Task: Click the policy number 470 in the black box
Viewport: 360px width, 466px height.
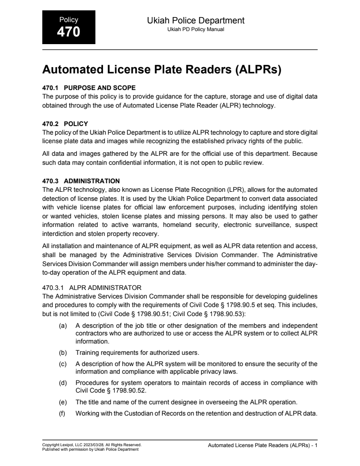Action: [x=68, y=32]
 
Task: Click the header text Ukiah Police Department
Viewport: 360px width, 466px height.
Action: [x=195, y=20]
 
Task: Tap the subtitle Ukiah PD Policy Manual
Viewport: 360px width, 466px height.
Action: [x=195, y=29]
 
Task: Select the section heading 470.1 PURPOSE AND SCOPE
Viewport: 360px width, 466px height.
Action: [x=89, y=87]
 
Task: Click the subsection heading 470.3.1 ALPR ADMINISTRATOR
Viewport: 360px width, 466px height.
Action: [x=92, y=287]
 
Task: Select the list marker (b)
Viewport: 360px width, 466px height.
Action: [x=63, y=352]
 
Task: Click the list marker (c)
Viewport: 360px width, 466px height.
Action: [x=63, y=364]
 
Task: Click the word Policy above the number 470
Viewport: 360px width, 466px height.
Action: [x=68, y=20]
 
